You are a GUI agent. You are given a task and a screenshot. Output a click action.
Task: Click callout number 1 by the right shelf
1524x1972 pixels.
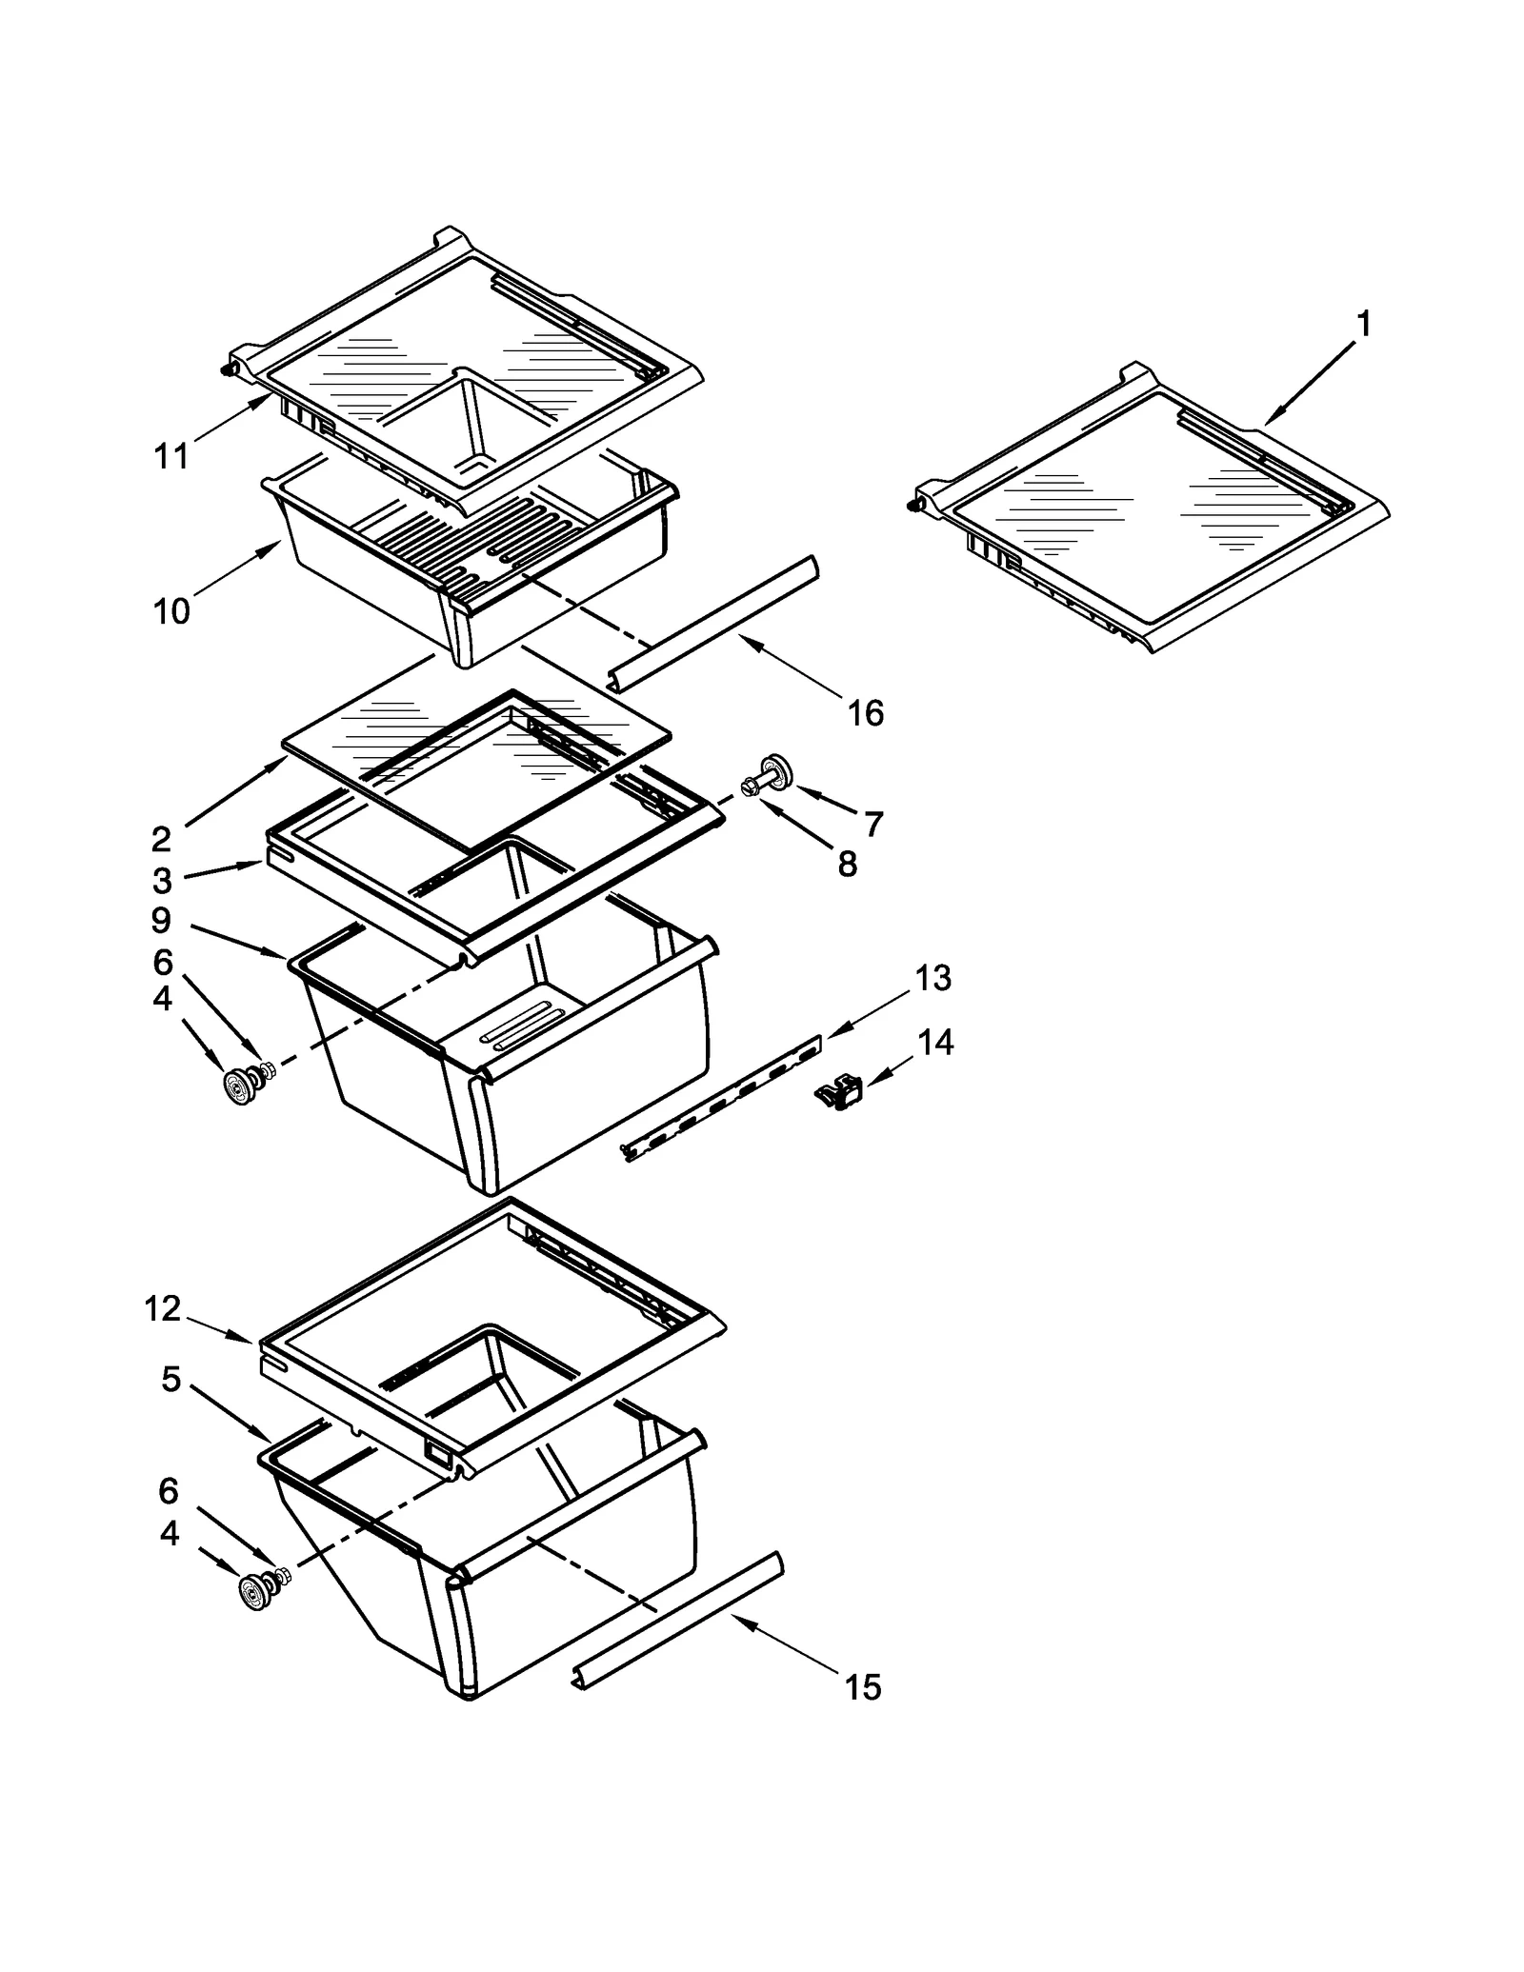(x=1363, y=325)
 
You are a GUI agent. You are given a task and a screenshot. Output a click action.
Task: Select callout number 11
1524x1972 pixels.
(x=171, y=456)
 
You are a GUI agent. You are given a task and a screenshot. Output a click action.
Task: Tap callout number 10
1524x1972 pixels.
(x=171, y=610)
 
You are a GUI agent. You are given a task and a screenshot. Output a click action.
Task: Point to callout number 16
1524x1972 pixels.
(x=865, y=712)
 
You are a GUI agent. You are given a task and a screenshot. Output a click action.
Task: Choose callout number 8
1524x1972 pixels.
(x=847, y=865)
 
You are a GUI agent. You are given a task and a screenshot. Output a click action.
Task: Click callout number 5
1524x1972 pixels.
(x=170, y=1378)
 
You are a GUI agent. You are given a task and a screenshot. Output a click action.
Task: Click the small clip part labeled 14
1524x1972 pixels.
(x=839, y=1091)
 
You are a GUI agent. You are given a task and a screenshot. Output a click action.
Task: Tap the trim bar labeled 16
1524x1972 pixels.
(x=712, y=621)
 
